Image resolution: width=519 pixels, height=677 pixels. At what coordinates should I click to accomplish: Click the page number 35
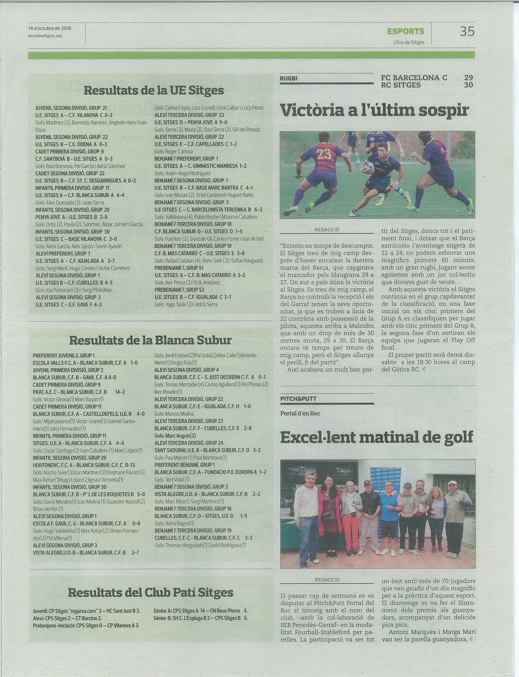click(467, 31)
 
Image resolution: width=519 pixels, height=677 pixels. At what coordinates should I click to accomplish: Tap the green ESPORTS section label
click(405, 31)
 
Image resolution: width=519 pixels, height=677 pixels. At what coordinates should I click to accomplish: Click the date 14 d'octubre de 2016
click(50, 28)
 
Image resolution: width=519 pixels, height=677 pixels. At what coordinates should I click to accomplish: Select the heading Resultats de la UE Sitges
click(154, 91)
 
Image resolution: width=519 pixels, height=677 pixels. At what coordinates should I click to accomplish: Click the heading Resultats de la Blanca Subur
click(150, 340)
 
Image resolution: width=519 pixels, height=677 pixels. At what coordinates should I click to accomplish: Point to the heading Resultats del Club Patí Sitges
click(151, 592)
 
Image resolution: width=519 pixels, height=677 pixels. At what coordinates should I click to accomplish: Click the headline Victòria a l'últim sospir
click(374, 110)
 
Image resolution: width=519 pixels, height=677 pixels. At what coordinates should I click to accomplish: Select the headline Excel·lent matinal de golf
click(377, 437)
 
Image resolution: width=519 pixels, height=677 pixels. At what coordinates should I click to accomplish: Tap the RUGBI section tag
click(288, 79)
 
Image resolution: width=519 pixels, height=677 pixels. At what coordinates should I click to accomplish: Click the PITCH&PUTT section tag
click(298, 399)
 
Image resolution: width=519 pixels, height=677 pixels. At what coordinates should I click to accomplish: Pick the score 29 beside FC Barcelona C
click(468, 78)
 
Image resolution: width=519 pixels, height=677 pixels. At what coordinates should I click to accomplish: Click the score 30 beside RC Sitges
click(468, 85)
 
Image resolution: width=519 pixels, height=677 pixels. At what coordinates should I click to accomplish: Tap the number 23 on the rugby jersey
click(324, 154)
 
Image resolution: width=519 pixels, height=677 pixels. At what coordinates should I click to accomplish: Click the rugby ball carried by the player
click(368, 167)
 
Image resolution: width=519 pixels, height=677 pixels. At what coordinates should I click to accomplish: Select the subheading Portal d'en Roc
click(300, 413)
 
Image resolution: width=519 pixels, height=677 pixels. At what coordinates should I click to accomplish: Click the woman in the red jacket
click(330, 512)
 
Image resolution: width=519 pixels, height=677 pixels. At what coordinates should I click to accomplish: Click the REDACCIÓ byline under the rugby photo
click(327, 230)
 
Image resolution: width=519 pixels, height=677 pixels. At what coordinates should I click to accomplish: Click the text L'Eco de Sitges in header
click(409, 43)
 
